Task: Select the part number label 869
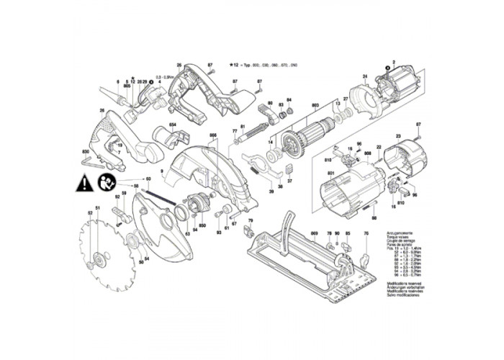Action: click(314, 235)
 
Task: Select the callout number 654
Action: click(172, 125)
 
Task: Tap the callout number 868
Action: click(213, 135)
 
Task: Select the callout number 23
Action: click(397, 135)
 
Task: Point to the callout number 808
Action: click(368, 154)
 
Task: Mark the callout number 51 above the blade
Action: click(97, 208)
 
